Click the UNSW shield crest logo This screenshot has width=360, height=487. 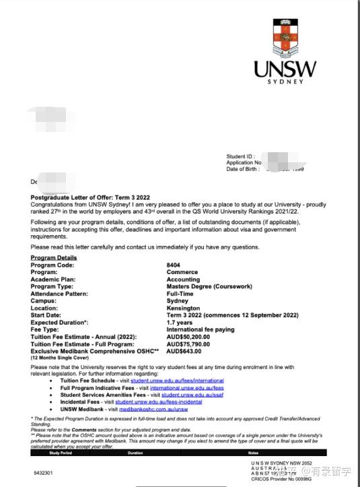pyautogui.click(x=283, y=37)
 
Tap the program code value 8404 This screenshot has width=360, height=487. pyautogui.click(x=173, y=265)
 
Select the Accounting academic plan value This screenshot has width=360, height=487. pyautogui.click(x=183, y=280)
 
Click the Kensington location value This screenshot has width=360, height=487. pyautogui.click(x=182, y=308)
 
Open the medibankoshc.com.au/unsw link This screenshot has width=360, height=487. pyautogui.click(x=153, y=409)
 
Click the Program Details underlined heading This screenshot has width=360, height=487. pyautogui.click(x=54, y=258)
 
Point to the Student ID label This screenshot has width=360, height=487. pyautogui.click(x=241, y=156)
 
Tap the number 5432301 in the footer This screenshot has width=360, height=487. pyautogui.click(x=42, y=473)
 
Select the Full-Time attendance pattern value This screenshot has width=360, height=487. pyautogui.click(x=180, y=294)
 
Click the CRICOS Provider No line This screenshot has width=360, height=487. pyautogui.click(x=281, y=478)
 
